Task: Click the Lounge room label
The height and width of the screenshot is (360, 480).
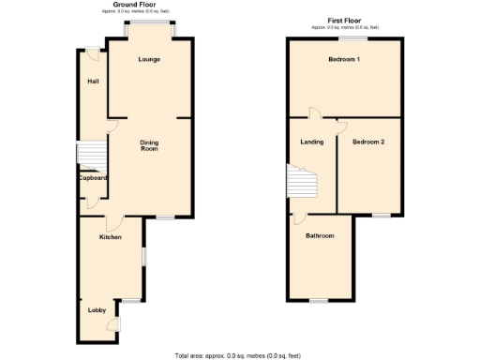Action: click(x=149, y=60)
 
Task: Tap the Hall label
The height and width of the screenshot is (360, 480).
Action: click(x=93, y=81)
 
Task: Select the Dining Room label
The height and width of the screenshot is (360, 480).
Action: click(x=149, y=145)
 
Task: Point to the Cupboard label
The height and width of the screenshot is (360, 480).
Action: click(x=93, y=178)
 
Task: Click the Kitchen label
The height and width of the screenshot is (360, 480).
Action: click(x=111, y=237)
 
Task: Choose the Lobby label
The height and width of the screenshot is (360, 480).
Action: click(x=96, y=310)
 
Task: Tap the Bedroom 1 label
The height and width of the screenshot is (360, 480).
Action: click(x=344, y=60)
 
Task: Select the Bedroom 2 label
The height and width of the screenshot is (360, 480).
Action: click(x=368, y=142)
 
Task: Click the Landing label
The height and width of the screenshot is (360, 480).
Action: click(x=312, y=142)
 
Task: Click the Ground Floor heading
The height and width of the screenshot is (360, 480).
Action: click(x=134, y=5)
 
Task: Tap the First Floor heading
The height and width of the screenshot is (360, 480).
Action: click(x=345, y=19)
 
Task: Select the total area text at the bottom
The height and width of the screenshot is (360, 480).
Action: click(x=238, y=355)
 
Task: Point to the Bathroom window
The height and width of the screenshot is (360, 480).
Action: click(x=319, y=300)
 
